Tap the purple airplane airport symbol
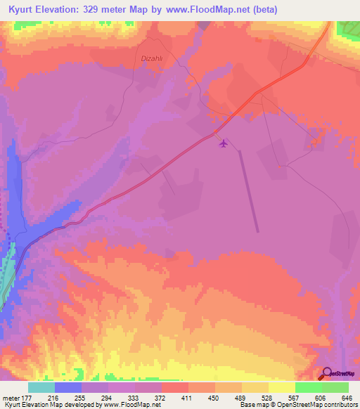pyautogui.click(x=224, y=143)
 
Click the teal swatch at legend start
pyautogui.click(x=41, y=387)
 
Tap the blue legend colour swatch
pyautogui.click(x=68, y=387)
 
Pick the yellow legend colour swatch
pyautogui.click(x=281, y=387)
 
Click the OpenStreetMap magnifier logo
pyautogui.click(x=326, y=372)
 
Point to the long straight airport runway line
pyautogui.click(x=248, y=190)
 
